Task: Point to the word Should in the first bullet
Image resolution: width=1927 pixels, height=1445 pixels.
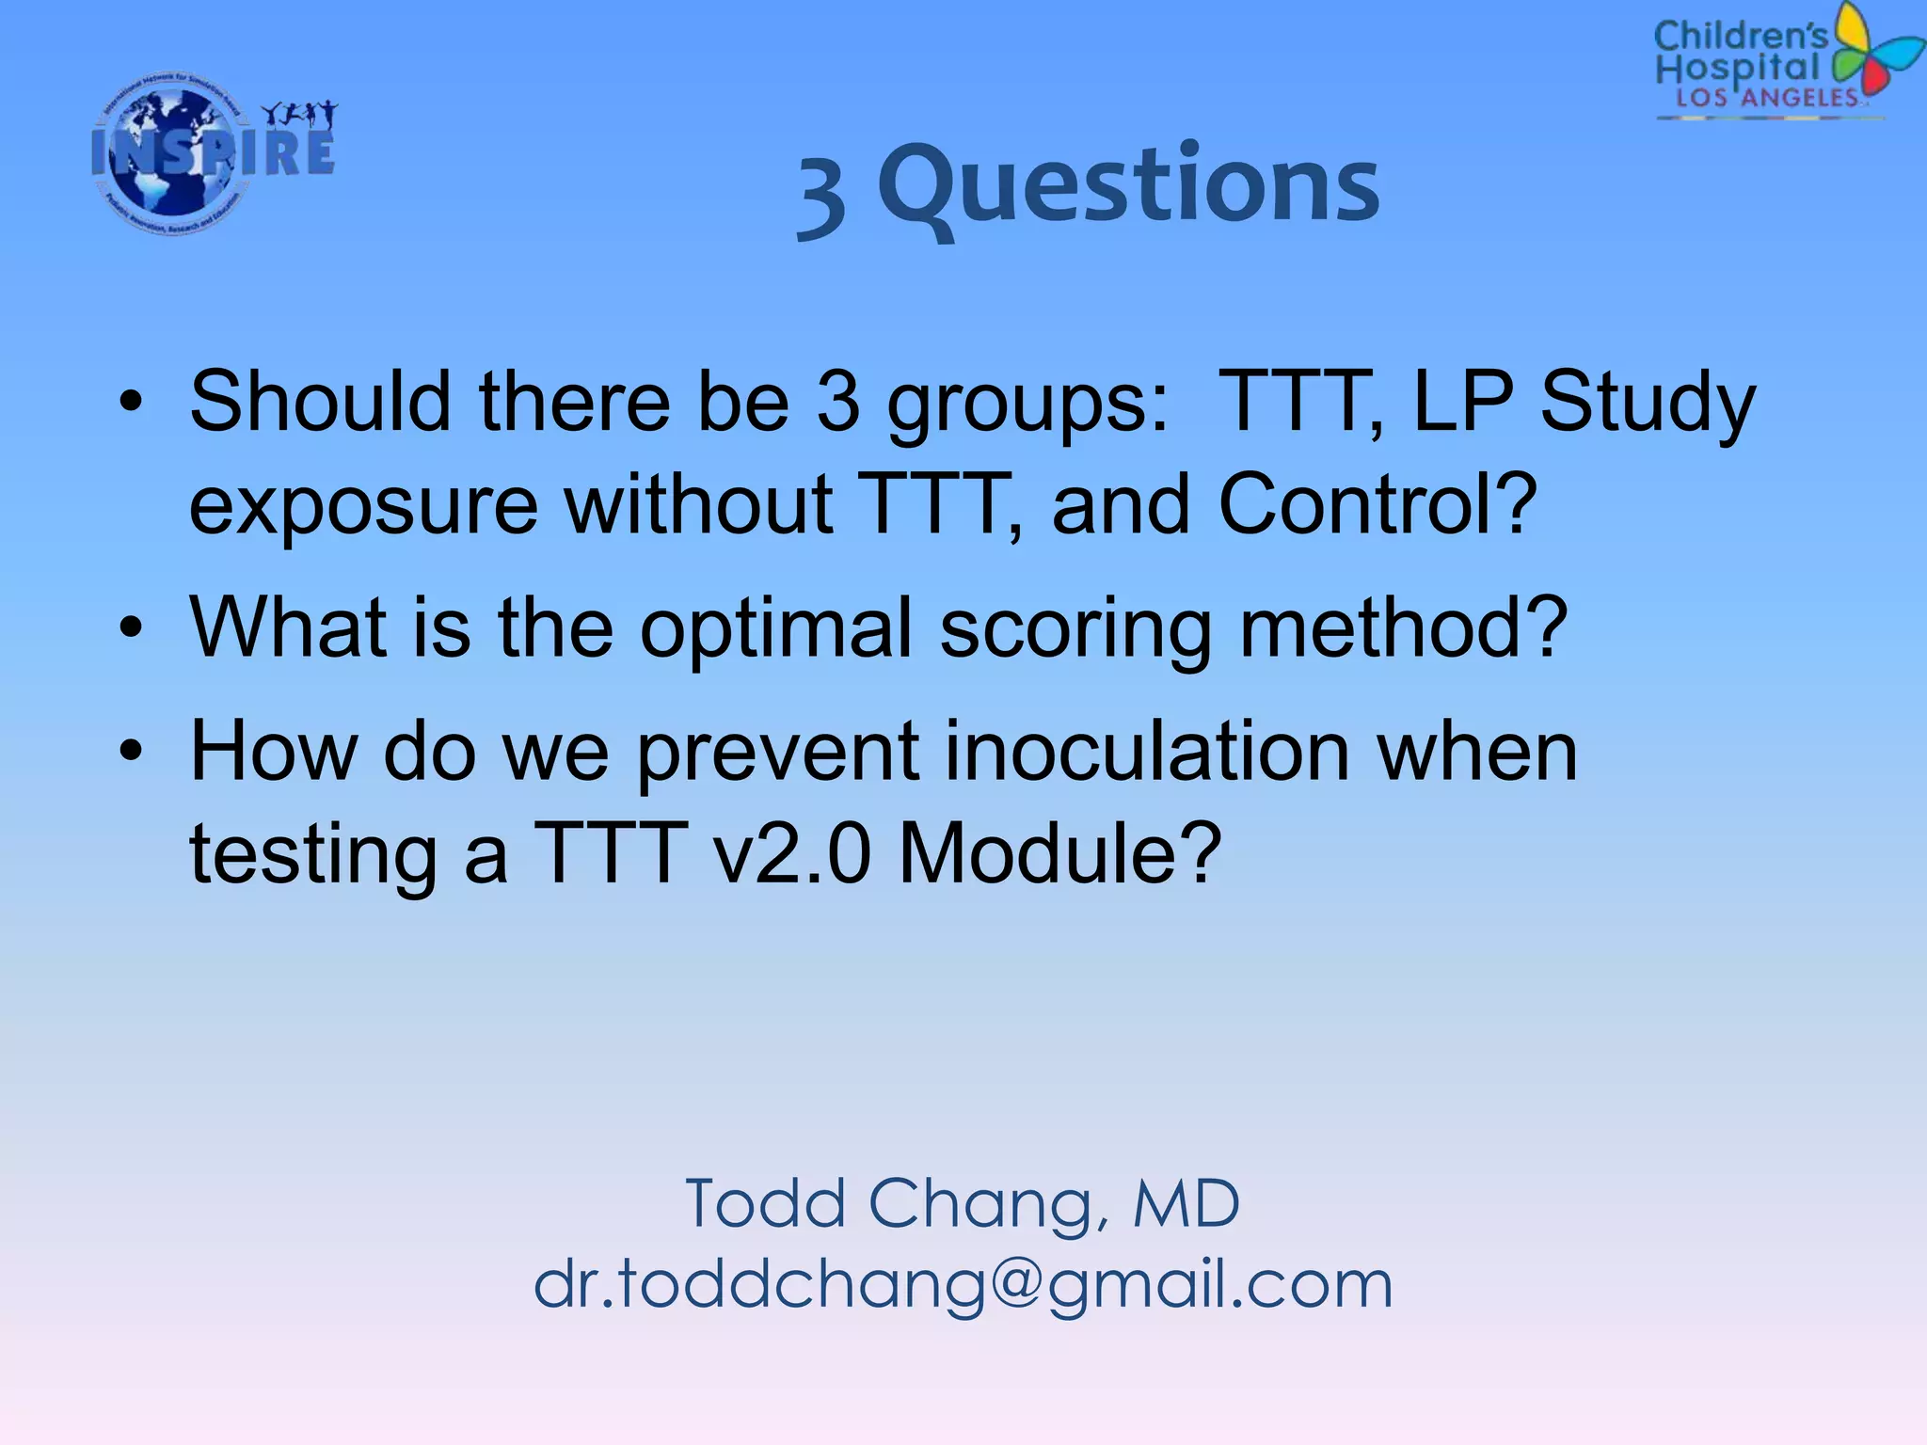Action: pyautogui.click(x=320, y=402)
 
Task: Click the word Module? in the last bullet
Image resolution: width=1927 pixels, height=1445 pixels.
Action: pyautogui.click(x=1059, y=853)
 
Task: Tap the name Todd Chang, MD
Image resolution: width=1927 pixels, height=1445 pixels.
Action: pyautogui.click(x=963, y=1204)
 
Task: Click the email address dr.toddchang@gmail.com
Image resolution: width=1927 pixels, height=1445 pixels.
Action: pyautogui.click(x=963, y=1285)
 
